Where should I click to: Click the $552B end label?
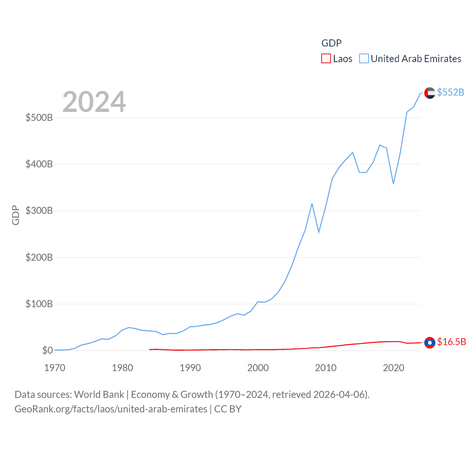[x=450, y=92]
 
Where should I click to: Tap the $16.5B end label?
[x=451, y=342]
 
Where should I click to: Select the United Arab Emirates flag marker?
[x=430, y=93]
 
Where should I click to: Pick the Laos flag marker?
[x=430, y=342]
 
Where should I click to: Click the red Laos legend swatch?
[x=326, y=59]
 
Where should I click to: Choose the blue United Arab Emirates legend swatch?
[x=364, y=59]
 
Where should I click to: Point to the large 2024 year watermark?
[x=94, y=102]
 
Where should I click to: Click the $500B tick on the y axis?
[x=39, y=118]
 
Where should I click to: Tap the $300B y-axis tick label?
[x=39, y=211]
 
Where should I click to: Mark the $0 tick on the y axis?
[x=48, y=350]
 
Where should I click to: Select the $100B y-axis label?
[x=39, y=304]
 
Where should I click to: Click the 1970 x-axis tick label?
[x=55, y=368]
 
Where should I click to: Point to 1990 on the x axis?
[x=190, y=368]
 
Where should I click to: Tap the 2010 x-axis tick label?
[x=326, y=368]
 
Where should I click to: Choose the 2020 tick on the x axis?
[x=393, y=368]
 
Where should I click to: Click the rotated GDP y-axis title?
[x=16, y=215]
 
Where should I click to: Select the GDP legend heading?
[x=331, y=43]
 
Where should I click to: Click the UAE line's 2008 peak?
[x=312, y=204]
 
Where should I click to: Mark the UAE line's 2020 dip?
[x=393, y=184]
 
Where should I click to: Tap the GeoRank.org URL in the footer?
[x=111, y=409]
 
